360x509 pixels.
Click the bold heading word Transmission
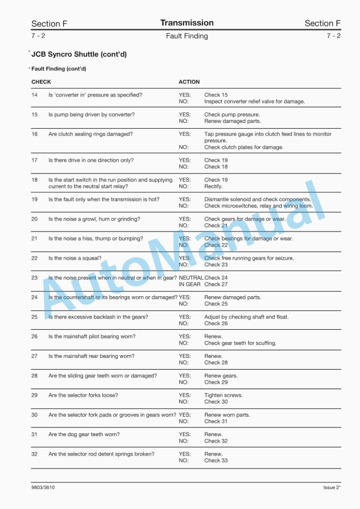(x=186, y=23)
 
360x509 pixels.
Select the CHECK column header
(x=41, y=82)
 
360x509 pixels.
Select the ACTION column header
(x=189, y=82)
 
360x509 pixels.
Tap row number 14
(x=34, y=95)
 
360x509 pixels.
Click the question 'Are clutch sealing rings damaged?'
(x=90, y=134)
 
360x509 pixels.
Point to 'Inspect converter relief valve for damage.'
(x=254, y=102)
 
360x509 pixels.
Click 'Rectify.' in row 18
(x=213, y=187)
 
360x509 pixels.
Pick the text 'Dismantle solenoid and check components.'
(x=257, y=200)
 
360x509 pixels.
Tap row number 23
(x=34, y=278)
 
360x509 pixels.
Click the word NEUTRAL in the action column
(x=190, y=278)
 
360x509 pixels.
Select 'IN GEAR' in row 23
(x=189, y=284)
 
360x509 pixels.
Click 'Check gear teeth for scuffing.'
(x=240, y=343)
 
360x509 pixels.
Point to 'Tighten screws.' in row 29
(x=223, y=396)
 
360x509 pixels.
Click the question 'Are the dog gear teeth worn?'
(x=84, y=435)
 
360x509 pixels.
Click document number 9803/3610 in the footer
(x=44, y=488)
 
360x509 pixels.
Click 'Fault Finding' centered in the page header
(x=186, y=36)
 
